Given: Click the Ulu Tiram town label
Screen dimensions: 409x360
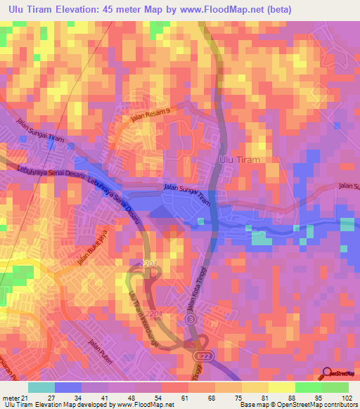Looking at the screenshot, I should tap(240, 160).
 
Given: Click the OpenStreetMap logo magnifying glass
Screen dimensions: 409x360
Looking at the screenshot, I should tap(328, 372).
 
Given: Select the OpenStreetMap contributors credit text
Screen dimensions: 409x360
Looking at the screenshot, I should tap(316, 405).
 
